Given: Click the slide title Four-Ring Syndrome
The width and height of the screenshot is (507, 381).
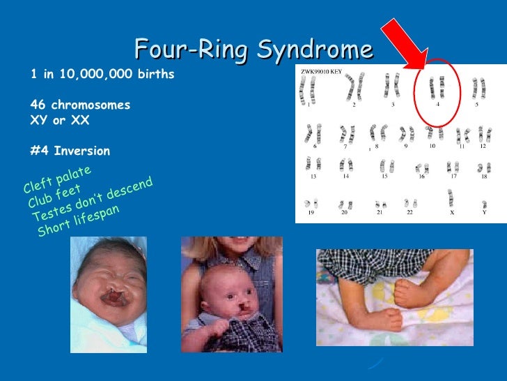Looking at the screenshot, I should [x=253, y=50].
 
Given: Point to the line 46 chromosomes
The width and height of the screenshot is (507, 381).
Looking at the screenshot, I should [x=80, y=105].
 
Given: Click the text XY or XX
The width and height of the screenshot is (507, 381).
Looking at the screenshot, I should [x=61, y=120].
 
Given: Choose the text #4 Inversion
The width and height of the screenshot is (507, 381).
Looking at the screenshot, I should [x=70, y=151].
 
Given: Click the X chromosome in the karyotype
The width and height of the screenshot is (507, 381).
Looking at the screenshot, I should [x=450, y=198].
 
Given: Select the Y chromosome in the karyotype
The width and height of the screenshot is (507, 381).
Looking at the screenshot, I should [x=483, y=200].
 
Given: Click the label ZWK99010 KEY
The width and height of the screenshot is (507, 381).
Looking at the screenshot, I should [x=322, y=72].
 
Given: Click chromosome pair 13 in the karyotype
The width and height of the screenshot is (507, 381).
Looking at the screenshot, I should [x=312, y=165].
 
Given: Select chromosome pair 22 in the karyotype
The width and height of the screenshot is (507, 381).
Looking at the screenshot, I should [x=410, y=204].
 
